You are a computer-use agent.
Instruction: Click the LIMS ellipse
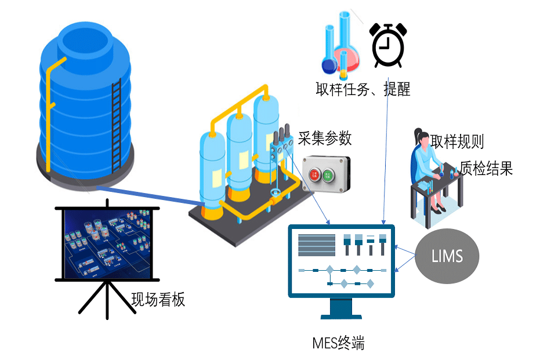click(447, 255)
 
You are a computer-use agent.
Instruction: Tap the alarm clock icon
click(387, 45)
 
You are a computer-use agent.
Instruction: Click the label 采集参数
click(325, 138)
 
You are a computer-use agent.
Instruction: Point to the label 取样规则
click(457, 141)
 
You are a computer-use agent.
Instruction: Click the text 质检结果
click(486, 168)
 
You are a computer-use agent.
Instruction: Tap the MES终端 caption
click(338, 342)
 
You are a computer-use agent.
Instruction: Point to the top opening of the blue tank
click(85, 41)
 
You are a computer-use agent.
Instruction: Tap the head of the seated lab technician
click(422, 137)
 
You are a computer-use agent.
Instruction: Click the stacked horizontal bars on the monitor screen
click(316, 244)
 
